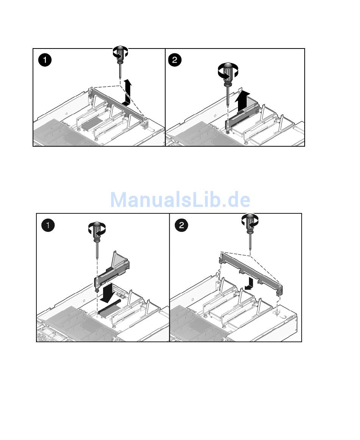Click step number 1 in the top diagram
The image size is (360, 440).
(x=45, y=60)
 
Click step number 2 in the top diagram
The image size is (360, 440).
(x=175, y=60)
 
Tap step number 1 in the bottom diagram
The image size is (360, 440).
(x=48, y=225)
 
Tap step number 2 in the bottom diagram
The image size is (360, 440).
(x=181, y=225)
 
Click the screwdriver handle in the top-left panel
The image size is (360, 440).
(x=120, y=54)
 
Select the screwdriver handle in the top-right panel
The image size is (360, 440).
(x=228, y=73)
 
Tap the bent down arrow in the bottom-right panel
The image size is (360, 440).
(x=250, y=283)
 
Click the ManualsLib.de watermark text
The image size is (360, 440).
(x=180, y=199)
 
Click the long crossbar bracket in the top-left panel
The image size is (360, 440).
(x=118, y=104)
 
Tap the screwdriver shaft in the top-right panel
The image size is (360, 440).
(x=228, y=96)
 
